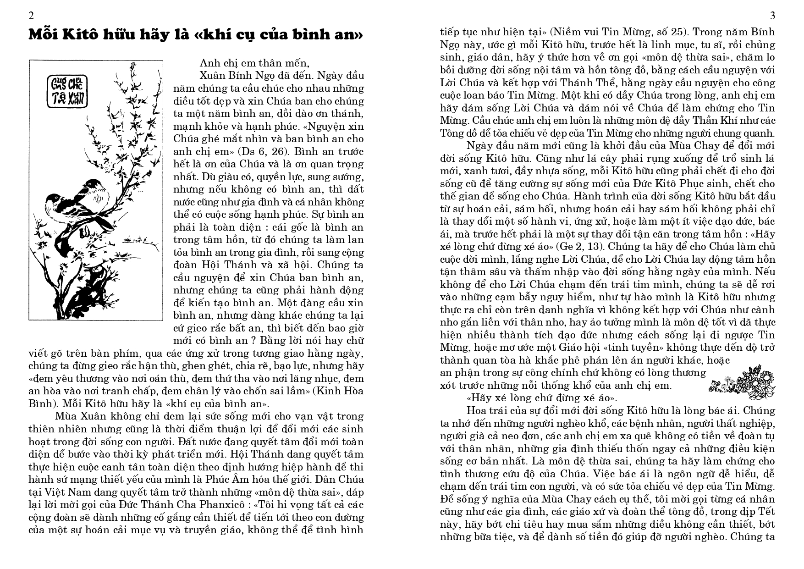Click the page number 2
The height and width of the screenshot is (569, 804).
pos(31,16)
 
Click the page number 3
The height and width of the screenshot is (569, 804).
pos(772,16)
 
